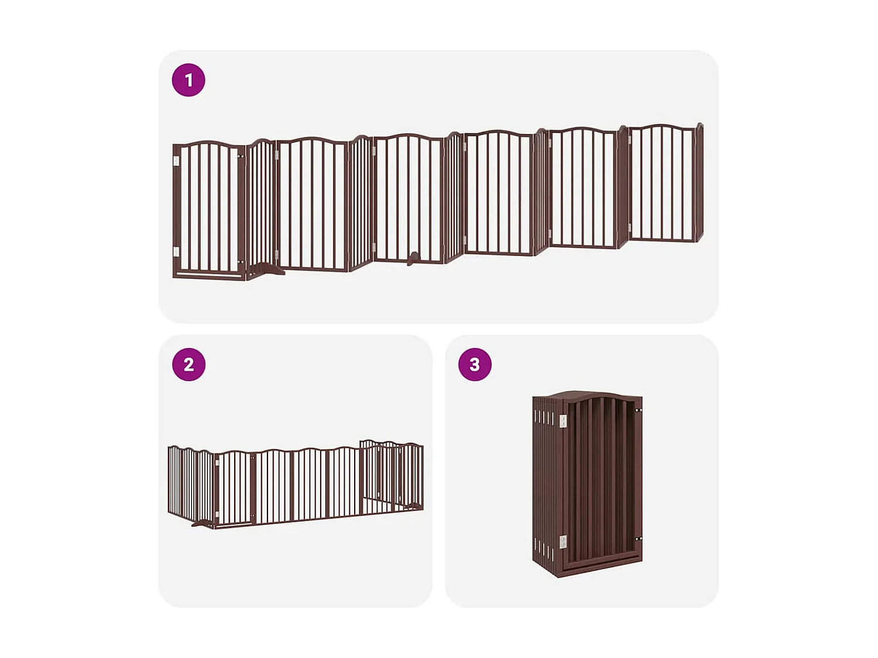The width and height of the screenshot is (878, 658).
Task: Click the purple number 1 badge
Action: tap(188, 80)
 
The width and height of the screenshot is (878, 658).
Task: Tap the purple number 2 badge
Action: tap(188, 364)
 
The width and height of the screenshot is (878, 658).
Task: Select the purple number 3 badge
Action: tap(475, 364)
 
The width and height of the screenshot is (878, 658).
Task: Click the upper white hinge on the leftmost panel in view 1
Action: tap(176, 161)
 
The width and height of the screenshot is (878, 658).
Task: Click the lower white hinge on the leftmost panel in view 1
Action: tap(176, 252)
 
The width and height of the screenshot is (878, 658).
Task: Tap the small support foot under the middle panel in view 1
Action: tap(413, 257)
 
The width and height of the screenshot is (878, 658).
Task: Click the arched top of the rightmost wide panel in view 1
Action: tap(661, 127)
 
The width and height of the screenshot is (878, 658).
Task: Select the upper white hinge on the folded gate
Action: tap(563, 421)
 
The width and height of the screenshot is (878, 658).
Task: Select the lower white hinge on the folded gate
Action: tap(563, 542)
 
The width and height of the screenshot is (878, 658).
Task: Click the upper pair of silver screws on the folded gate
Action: tap(639, 411)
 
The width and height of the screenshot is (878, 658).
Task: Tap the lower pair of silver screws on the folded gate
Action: tap(639, 539)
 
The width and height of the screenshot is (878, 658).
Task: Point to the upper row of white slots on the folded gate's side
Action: tap(543, 418)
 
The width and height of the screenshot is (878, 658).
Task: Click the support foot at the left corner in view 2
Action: tap(203, 523)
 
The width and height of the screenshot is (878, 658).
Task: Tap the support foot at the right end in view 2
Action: tap(415, 507)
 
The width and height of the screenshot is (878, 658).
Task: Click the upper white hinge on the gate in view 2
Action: tap(217, 463)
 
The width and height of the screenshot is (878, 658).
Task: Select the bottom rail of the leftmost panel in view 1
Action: tap(209, 274)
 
